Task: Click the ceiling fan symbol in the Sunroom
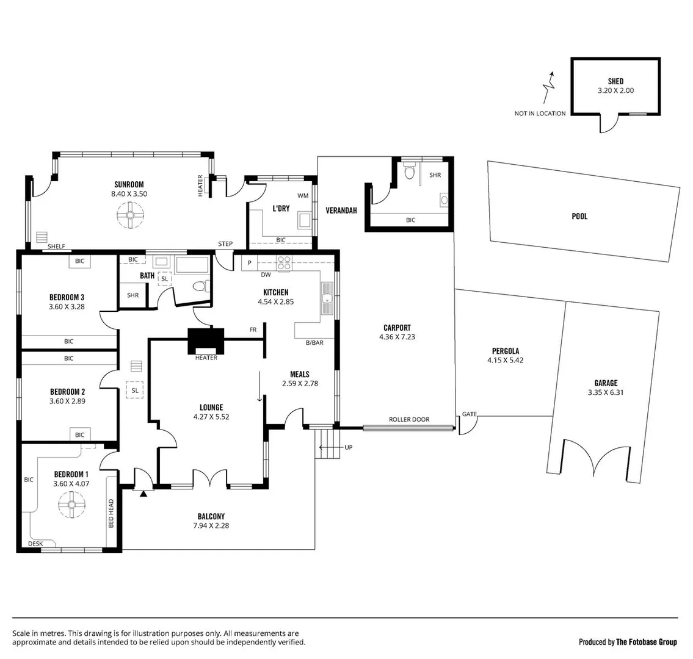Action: [x=130, y=215]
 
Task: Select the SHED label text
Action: [x=615, y=81]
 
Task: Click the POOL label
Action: [x=579, y=216]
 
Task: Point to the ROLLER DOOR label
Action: [x=409, y=419]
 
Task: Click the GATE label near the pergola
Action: [x=469, y=414]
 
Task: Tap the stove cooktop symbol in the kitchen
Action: [x=285, y=263]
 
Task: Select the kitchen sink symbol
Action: [x=327, y=298]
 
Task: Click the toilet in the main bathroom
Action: [x=199, y=286]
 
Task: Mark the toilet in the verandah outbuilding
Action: [x=410, y=173]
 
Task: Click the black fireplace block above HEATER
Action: [x=206, y=340]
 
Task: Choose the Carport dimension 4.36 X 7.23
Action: [x=397, y=336]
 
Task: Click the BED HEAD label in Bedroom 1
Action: [x=111, y=514]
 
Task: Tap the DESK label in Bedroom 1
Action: [x=35, y=543]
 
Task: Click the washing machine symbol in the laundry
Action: [x=303, y=220]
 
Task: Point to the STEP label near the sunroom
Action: [x=225, y=244]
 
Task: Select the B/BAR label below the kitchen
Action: [x=314, y=343]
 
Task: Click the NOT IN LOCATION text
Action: [x=540, y=113]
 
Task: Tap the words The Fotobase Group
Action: [x=647, y=642]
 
